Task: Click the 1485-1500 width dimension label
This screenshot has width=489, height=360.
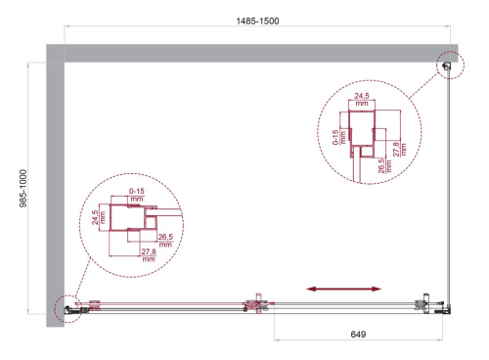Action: tap(257, 22)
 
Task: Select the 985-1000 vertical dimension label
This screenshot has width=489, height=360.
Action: tap(22, 189)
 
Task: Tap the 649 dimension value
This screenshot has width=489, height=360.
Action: tap(358, 335)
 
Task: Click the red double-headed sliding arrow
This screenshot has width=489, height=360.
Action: tap(343, 289)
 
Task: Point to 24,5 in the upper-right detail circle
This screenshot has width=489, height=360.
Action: tap(362, 96)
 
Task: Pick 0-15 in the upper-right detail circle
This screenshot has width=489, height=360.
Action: tap(335, 137)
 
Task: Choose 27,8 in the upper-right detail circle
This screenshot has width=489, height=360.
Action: tap(396, 149)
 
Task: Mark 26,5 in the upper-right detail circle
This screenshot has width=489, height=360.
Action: tap(381, 166)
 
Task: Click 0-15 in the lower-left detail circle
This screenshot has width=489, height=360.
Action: tap(137, 191)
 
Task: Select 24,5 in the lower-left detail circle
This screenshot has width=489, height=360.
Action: tap(95, 217)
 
